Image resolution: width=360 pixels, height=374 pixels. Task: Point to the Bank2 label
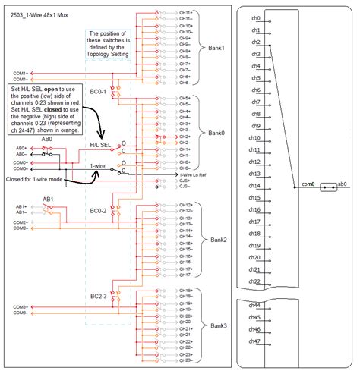[219, 237]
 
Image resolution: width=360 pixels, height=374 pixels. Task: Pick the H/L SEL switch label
[101, 145]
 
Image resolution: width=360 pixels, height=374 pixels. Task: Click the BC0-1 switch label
[97, 93]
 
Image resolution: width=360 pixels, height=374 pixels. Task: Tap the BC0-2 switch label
[96, 209]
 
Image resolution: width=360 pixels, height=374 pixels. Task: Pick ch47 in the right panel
[256, 342]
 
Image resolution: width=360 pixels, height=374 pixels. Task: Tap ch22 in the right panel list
[256, 281]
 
